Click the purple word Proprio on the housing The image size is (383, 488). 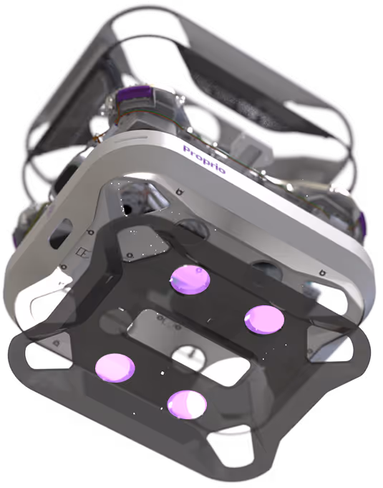(205, 159)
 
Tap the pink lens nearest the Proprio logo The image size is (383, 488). (190, 279)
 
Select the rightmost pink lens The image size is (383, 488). (264, 320)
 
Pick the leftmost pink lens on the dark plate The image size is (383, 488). (115, 368)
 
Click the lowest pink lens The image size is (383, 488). (187, 405)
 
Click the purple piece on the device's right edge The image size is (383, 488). (362, 224)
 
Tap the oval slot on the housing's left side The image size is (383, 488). (60, 234)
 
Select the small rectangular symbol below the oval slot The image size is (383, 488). (82, 253)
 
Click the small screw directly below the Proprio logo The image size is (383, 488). (179, 191)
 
